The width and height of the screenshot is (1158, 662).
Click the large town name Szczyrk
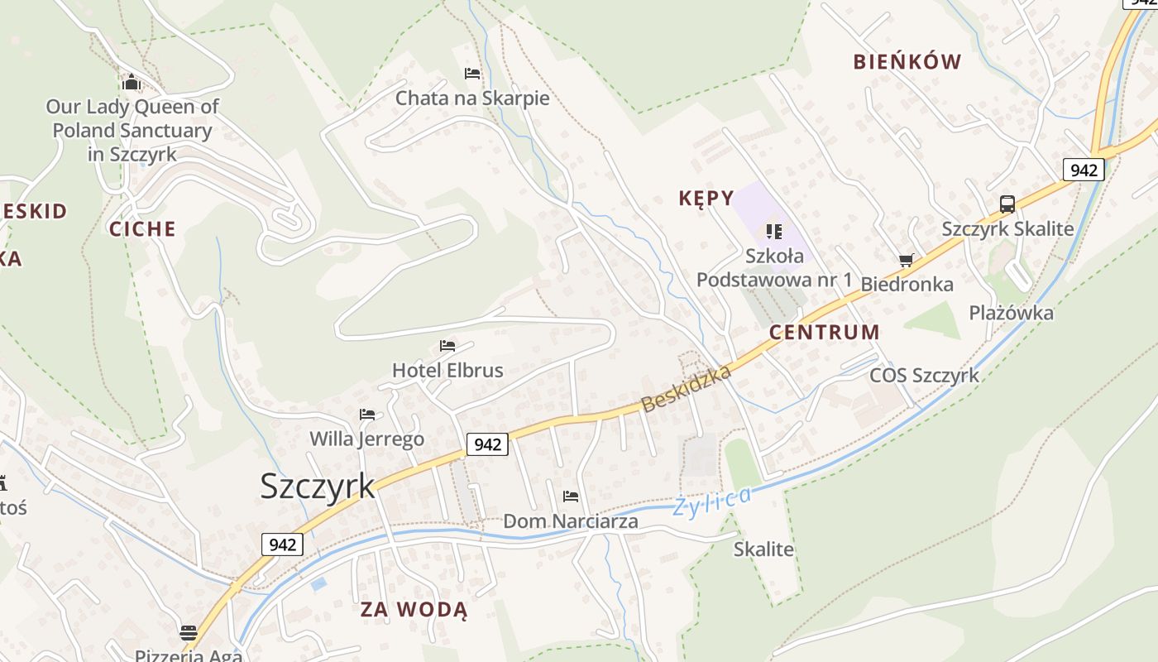coord(318,487)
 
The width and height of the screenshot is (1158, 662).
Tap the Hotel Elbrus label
coord(447,370)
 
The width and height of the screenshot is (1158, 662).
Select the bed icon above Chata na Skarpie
coord(472,74)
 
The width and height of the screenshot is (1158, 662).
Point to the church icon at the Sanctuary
coord(131,82)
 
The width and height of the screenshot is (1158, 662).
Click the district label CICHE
coord(142,229)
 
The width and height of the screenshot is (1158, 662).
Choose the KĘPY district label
coord(706,199)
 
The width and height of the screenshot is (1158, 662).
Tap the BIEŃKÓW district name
coord(907,62)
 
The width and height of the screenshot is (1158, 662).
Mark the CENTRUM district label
coord(824,333)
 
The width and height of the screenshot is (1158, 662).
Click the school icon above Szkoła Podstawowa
coord(773,231)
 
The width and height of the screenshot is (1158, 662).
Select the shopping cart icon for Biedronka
coord(907,261)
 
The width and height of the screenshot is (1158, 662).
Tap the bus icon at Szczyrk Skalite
coord(1007,204)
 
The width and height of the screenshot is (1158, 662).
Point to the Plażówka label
coord(1011,313)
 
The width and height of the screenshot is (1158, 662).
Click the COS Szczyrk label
coord(924,376)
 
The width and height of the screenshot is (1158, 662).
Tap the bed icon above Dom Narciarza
coord(570,496)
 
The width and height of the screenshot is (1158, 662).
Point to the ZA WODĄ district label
coord(414,611)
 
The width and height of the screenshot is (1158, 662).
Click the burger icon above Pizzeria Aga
coord(189,633)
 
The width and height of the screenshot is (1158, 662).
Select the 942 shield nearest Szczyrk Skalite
coord(1083,170)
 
